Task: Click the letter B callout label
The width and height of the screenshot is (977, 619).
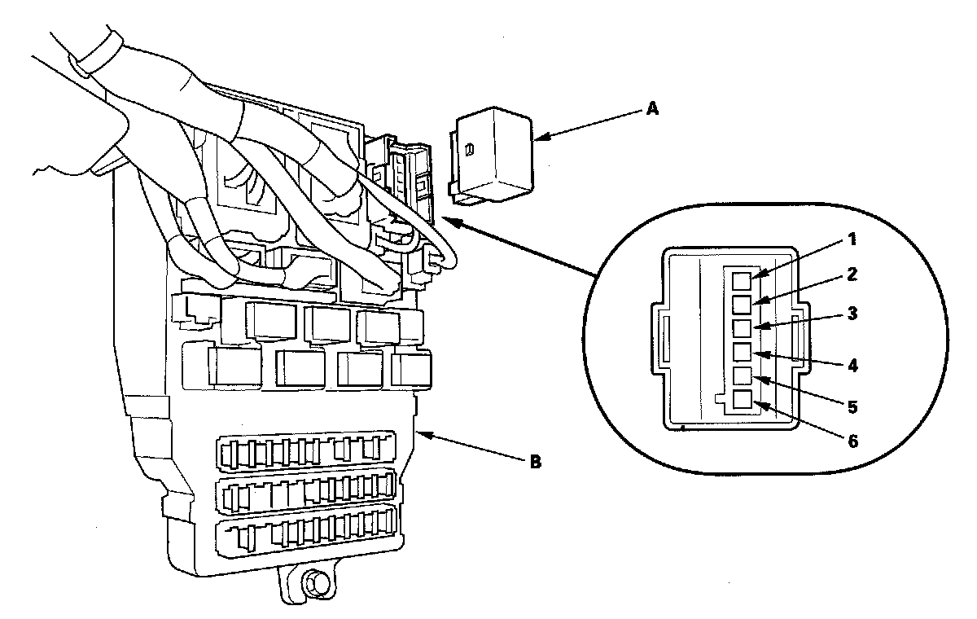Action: pos(535,463)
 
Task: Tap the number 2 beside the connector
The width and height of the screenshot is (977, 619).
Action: pos(850,274)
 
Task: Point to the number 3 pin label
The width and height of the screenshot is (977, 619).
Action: pos(851,314)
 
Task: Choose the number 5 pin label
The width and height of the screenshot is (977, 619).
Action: pos(851,405)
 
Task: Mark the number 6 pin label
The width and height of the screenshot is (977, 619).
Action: pos(851,441)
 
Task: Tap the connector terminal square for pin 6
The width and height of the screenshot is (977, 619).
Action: pos(741,399)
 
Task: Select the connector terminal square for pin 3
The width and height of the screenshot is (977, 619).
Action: pos(741,328)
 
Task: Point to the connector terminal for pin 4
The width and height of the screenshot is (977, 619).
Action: pos(741,352)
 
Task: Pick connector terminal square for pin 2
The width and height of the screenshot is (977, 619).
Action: pos(741,305)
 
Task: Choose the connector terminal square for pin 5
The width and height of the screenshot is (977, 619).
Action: pos(741,375)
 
